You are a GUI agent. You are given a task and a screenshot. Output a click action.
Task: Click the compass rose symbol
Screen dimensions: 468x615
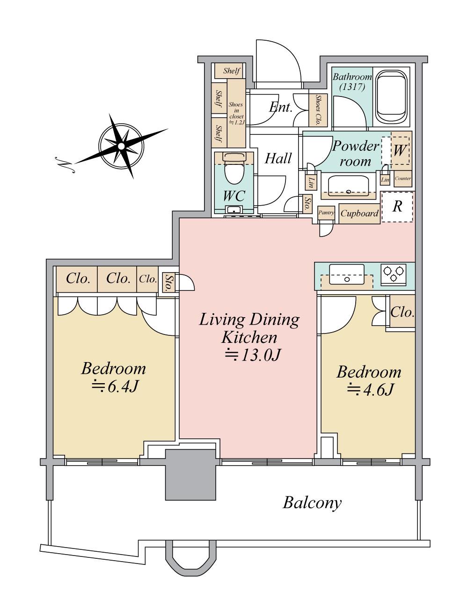coord(121,146)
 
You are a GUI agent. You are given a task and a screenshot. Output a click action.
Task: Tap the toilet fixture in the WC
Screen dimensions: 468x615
coord(234,169)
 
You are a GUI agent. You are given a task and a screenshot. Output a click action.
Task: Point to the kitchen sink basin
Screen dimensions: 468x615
coord(347,274)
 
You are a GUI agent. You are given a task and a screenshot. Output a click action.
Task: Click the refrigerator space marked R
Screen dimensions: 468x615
coord(397,207)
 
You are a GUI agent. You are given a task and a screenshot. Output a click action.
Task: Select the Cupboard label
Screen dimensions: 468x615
coord(359,214)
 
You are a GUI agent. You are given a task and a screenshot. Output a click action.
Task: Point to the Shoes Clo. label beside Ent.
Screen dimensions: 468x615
coord(318,110)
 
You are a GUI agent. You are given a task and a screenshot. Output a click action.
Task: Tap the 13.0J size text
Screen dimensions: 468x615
coord(253,355)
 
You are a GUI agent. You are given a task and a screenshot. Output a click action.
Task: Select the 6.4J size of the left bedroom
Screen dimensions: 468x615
coord(115,387)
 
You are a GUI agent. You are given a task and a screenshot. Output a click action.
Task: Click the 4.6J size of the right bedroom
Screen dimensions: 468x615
coord(371,389)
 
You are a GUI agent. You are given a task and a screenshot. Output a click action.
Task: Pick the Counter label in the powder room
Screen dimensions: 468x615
coord(403,178)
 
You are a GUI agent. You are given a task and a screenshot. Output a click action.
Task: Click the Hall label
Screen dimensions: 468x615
coord(278,159)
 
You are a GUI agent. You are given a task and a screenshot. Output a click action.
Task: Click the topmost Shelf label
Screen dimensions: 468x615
coord(232,71)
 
